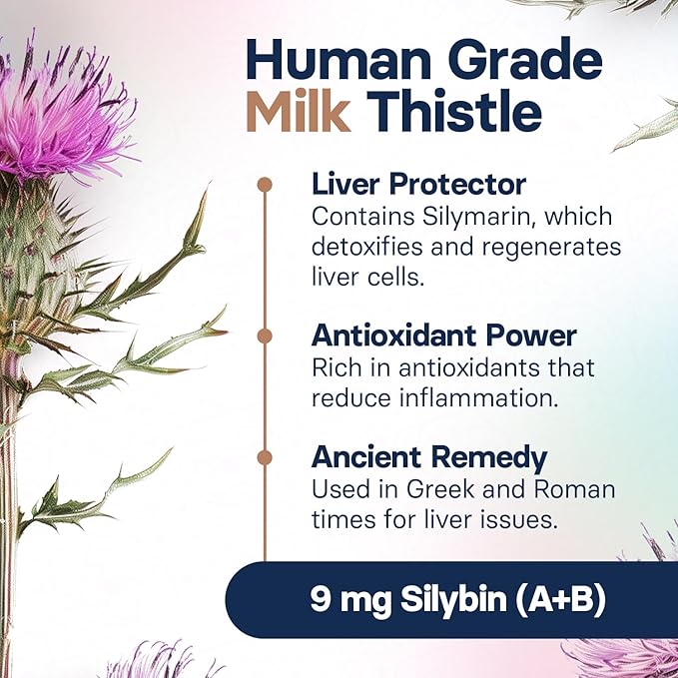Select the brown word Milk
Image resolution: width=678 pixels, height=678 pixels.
click(298, 113)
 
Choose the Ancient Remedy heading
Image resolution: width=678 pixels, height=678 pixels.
click(429, 458)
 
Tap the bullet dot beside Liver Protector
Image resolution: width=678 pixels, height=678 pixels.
click(265, 185)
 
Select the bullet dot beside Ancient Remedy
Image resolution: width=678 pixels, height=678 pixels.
click(265, 458)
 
